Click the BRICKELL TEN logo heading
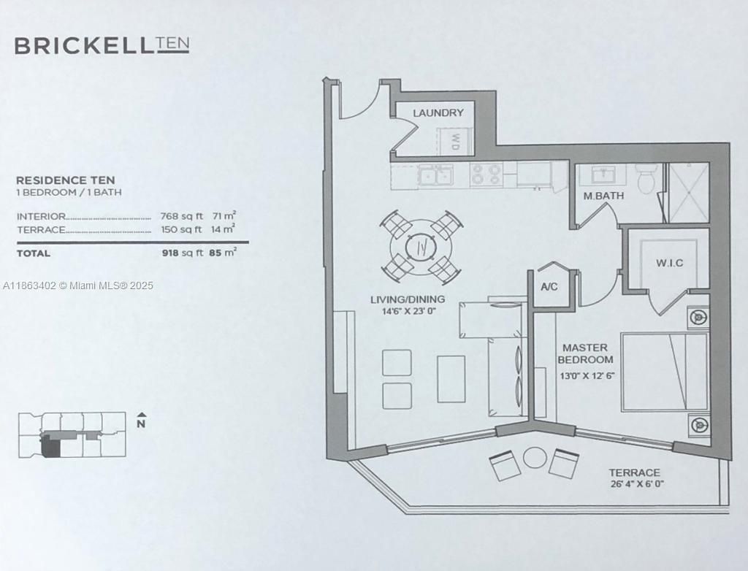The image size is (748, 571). point(102,45)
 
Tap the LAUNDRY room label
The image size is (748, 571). point(438,112)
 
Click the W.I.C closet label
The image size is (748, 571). point(669,263)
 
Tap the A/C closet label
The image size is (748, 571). point(549,286)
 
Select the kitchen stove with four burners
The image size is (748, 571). point(486,175)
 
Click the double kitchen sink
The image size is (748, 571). point(435,175)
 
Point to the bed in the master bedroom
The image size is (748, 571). point(665,372)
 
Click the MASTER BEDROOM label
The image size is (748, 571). point(585,354)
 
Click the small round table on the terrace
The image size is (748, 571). point(535,458)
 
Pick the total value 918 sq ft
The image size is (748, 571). point(180,253)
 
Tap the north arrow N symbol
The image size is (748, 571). point(142,421)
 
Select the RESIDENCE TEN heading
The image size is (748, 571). point(65,180)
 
